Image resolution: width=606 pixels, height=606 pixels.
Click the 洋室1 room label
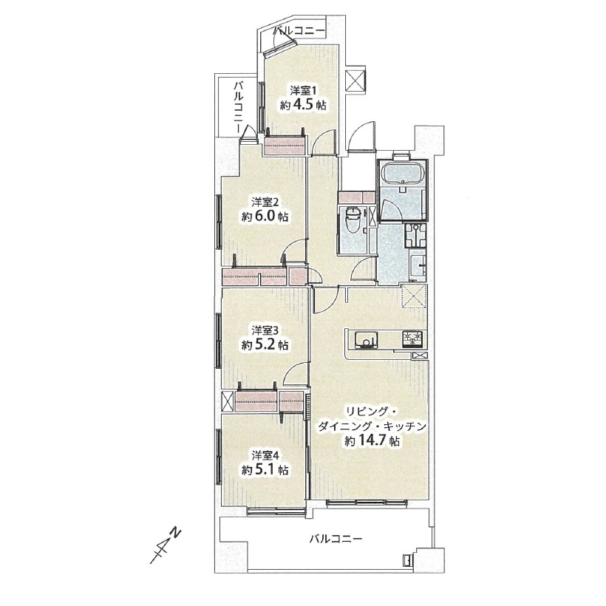click(x=304, y=91)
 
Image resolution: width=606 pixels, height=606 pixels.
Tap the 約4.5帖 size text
click(x=304, y=105)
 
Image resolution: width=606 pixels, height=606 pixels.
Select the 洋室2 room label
click(x=265, y=202)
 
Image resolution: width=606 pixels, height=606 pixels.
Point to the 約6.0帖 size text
click(x=265, y=217)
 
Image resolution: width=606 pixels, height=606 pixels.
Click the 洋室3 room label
click(x=265, y=330)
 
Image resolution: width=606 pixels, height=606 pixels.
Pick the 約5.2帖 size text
click(x=265, y=344)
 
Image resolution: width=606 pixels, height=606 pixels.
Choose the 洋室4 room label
click(x=265, y=455)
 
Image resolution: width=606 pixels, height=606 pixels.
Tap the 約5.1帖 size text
click(x=265, y=469)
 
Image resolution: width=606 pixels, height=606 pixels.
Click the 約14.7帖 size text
click(x=372, y=441)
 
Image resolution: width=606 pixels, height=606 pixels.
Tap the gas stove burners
click(x=413, y=339)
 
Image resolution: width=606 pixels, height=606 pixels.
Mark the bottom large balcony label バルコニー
click(x=336, y=538)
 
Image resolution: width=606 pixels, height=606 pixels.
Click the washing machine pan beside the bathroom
click(x=415, y=236)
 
